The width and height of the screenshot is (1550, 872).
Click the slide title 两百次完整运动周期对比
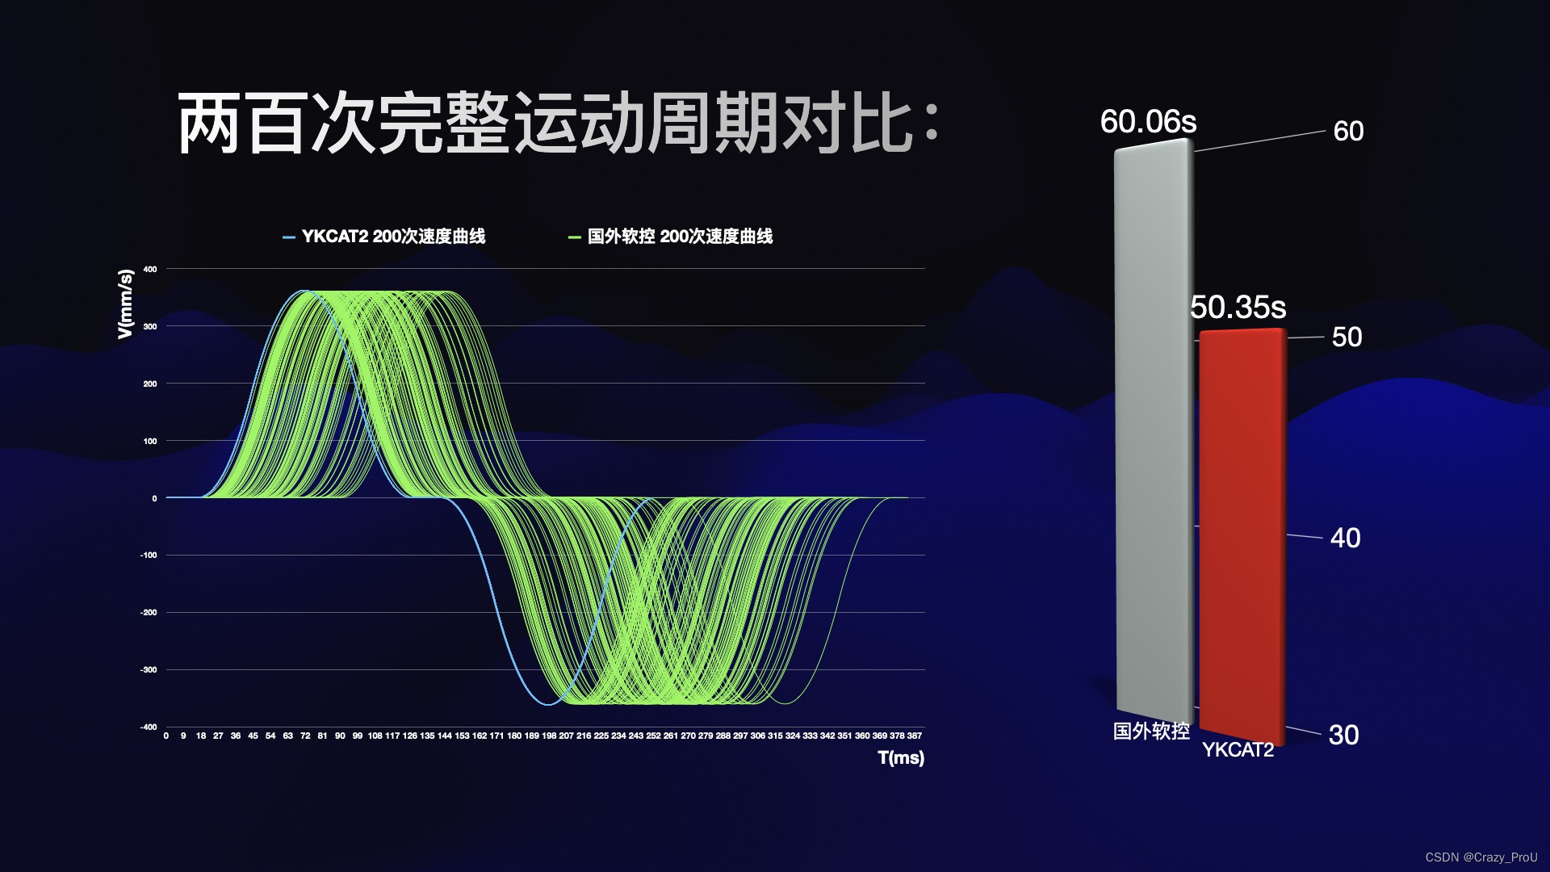coord(558,123)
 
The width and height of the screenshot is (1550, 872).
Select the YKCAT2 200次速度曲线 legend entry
coord(384,237)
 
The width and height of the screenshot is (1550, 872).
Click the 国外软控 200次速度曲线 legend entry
coord(671,237)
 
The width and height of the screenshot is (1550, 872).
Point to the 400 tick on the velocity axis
coord(150,269)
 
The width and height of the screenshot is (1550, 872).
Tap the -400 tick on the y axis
coord(149,727)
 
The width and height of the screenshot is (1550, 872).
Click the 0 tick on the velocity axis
coord(154,498)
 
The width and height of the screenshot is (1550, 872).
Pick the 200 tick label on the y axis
coord(150,384)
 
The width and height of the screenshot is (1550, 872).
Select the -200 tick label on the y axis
coord(149,612)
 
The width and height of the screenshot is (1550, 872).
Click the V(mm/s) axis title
coord(125,304)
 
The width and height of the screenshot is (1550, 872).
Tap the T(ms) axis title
coord(901,757)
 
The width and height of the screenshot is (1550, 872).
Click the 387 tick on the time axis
coord(914,736)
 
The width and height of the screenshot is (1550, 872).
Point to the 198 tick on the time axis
coord(549,736)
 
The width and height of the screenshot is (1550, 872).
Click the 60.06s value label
coord(1148,122)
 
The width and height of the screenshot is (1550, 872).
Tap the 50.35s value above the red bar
coord(1238,307)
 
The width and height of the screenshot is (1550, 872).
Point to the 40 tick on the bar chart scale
coord(1345,538)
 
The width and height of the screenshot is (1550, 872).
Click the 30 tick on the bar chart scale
coord(1343,735)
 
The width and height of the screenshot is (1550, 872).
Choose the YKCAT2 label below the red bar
coord(1238,750)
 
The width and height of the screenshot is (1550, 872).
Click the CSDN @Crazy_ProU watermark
coord(1481,857)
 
